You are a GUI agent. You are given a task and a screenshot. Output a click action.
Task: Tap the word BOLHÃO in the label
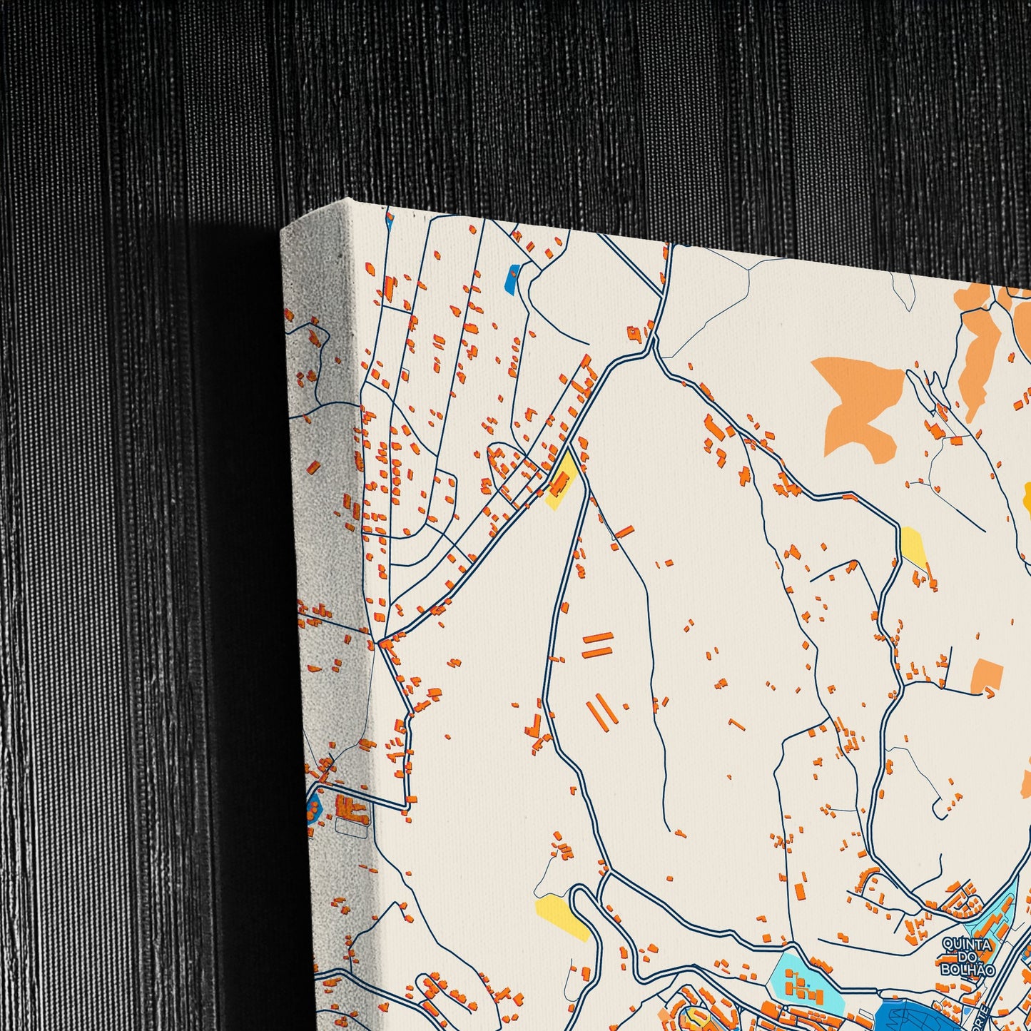click(967, 969)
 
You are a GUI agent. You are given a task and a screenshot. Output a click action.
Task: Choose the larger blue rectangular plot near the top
click(512, 279)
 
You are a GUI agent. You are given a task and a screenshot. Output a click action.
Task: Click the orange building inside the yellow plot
click(559, 485)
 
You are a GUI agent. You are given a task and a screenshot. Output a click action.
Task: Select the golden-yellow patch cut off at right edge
click(1027, 496)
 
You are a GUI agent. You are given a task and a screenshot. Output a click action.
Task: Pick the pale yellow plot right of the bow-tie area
click(913, 545)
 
